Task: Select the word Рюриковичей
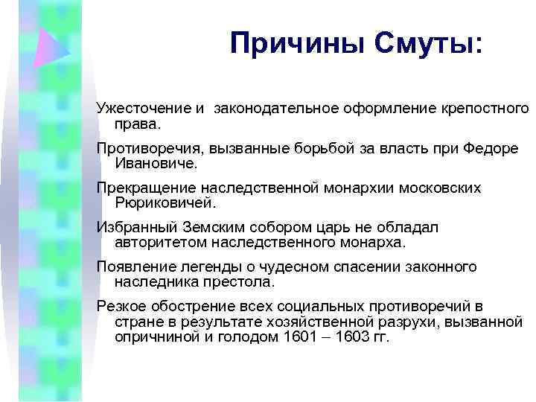[x=164, y=202]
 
